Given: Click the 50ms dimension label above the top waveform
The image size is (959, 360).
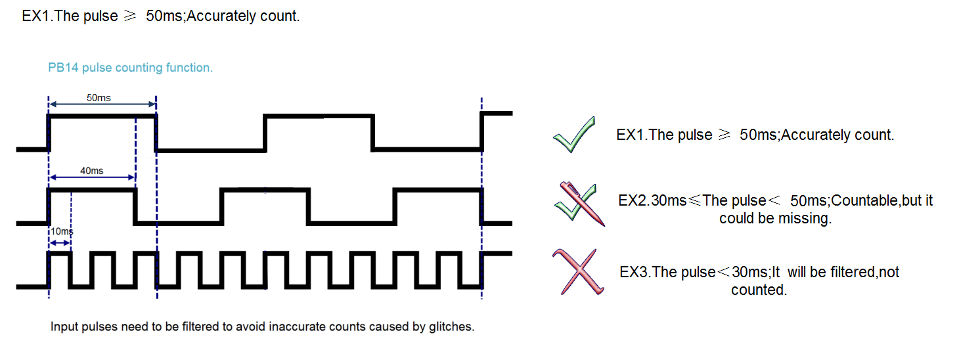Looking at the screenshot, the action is point(99,98).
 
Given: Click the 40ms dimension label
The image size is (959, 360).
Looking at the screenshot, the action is point(91,171).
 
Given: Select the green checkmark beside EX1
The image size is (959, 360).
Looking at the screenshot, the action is point(574,135).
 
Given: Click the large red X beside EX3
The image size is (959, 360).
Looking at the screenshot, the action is point(578,272).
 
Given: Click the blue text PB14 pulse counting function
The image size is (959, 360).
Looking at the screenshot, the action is point(130,68).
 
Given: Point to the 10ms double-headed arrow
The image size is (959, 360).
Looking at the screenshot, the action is point(60,242).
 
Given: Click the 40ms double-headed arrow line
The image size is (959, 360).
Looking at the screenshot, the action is point(93,177).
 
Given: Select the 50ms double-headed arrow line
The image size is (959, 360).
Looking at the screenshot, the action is point(102,104).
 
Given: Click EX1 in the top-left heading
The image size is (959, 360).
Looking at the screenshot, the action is point(36,16).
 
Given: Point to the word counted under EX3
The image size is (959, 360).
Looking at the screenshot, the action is point(759,290).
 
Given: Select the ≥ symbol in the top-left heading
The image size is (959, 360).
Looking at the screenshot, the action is point(129,16).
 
